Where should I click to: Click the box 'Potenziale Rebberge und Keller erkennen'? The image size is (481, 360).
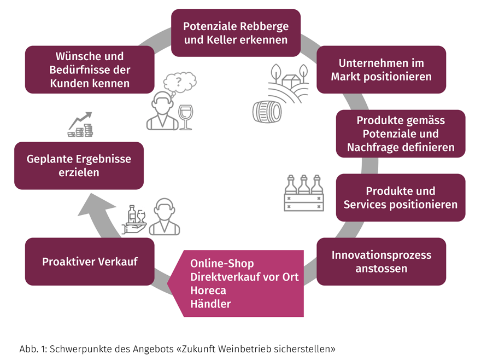point(236,33)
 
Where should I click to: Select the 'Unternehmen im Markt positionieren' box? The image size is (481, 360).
point(382,69)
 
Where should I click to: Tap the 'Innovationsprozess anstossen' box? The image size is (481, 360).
point(382,262)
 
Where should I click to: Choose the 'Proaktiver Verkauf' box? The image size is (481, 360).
point(90,262)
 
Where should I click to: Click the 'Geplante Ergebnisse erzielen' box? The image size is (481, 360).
point(79,166)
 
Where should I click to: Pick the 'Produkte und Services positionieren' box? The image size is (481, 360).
point(401,198)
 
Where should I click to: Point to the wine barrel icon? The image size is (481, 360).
point(267,112)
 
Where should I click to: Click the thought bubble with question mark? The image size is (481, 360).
point(180,82)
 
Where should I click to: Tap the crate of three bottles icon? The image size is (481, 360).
point(304,193)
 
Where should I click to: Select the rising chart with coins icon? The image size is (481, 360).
point(80,124)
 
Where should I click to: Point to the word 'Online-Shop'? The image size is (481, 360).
point(222,264)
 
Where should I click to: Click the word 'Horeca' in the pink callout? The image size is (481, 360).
point(208,291)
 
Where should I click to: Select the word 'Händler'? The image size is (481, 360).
point(210,304)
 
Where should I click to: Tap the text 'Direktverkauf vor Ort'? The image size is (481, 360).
point(244,277)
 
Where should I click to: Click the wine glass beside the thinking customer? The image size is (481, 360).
point(186,117)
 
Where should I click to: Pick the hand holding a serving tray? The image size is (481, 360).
point(134,227)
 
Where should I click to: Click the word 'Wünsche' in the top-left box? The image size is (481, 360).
point(74,56)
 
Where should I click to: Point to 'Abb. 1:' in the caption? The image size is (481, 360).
point(33,349)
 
